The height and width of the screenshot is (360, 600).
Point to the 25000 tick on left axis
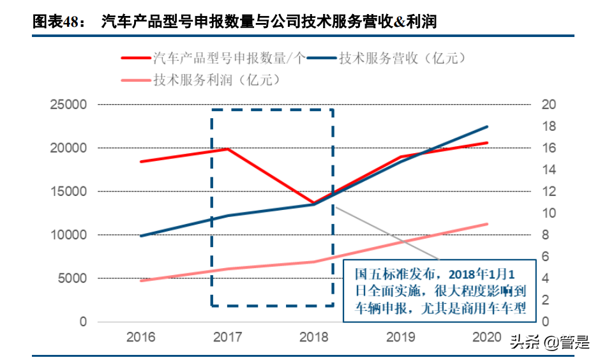[x=70, y=105]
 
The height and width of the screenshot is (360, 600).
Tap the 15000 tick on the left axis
[x=70, y=191]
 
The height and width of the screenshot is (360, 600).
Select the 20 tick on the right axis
[x=548, y=105]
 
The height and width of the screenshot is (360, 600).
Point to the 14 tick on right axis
[x=548, y=170]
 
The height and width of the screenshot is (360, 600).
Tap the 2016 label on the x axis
[x=141, y=337]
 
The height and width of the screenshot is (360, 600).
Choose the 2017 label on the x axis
[x=228, y=337]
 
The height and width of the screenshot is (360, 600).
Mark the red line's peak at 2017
[x=228, y=149]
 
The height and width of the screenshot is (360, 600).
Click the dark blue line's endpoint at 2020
[x=488, y=127]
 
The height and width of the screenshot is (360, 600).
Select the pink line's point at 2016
[x=141, y=281]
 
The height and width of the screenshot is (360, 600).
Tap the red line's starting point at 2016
[x=141, y=161]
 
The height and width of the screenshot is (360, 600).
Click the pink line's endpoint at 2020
[x=488, y=224]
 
